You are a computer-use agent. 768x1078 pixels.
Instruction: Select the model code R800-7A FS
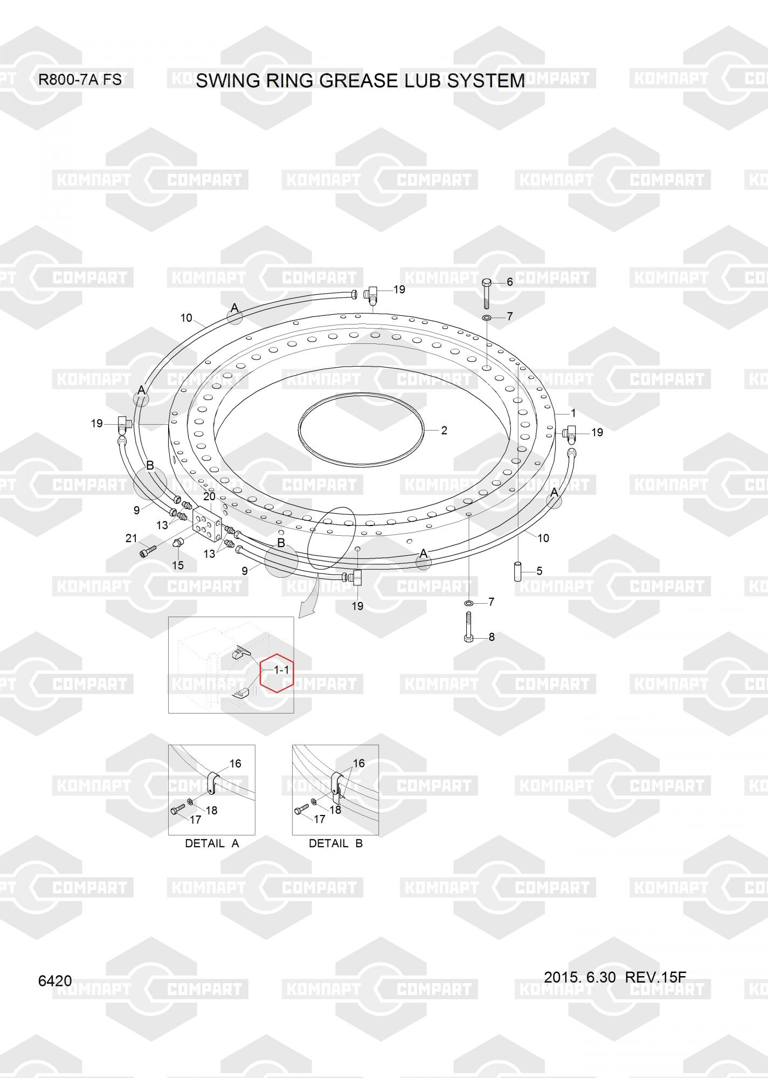[x=80, y=80]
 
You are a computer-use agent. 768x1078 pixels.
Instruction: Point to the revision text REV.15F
[x=655, y=977]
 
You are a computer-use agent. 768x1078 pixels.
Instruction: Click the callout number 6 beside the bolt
[x=510, y=282]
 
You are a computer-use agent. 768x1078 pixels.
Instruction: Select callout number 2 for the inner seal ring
[x=444, y=431]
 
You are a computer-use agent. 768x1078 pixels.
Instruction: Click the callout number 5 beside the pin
[x=539, y=571]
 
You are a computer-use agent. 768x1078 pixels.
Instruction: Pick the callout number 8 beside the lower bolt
[x=492, y=637]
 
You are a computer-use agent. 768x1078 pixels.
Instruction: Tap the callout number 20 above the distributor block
[x=209, y=496]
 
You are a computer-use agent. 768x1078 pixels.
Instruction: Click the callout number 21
[x=132, y=538]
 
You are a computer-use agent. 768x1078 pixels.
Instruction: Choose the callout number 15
[x=178, y=565]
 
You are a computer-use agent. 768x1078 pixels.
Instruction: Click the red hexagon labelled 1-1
[x=277, y=672]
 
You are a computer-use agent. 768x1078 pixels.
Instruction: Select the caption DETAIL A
[x=212, y=844]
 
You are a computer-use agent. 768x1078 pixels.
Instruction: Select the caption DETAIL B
[x=336, y=844]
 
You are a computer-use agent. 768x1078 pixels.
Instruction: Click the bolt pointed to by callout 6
[x=486, y=294]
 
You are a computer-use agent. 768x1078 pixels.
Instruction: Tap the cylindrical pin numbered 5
[x=518, y=571]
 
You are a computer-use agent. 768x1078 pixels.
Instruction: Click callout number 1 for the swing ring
[x=573, y=413]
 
